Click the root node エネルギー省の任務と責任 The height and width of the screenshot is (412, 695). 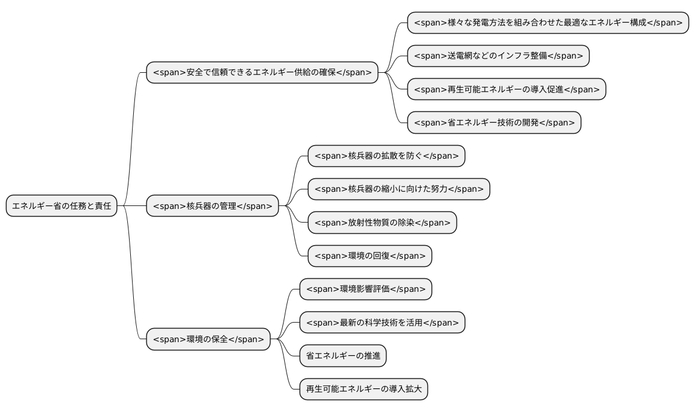(62, 206)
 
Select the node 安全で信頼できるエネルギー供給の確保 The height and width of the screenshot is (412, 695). (262, 72)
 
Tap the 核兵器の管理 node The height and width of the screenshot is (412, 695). (212, 206)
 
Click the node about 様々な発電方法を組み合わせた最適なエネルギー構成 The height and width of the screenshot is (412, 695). (548, 22)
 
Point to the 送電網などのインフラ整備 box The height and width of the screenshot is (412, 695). (498, 56)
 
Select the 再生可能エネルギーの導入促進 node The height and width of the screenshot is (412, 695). (507, 89)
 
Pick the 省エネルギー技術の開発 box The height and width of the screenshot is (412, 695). (494, 123)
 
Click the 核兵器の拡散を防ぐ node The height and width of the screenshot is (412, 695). (387, 156)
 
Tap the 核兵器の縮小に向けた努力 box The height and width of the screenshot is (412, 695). (399, 189)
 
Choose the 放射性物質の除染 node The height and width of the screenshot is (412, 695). (382, 223)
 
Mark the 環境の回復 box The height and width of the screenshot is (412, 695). (370, 256)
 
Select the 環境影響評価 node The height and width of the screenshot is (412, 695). (366, 289)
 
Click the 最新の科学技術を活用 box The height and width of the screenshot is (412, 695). (382, 323)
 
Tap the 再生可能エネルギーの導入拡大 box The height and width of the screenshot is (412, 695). (363, 389)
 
